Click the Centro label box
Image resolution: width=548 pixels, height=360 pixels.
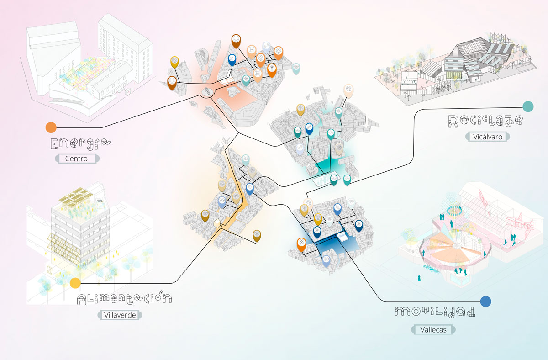click(x=77, y=159)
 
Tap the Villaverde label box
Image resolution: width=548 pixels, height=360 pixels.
click(x=120, y=315)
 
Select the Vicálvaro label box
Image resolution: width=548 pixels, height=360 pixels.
click(x=488, y=137)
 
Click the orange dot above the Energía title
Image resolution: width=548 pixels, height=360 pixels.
click(x=51, y=127)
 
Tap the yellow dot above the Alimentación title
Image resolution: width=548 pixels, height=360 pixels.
click(x=75, y=283)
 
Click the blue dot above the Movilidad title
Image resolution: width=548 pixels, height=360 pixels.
click(x=485, y=301)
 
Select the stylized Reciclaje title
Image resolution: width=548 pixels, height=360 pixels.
click(x=485, y=121)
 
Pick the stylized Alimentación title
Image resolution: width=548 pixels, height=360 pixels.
click(x=124, y=299)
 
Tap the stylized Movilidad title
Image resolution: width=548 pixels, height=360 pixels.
click(x=434, y=312)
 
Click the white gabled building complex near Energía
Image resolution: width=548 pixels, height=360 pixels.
click(x=87, y=64)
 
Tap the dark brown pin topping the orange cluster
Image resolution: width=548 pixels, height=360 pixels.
click(x=236, y=40)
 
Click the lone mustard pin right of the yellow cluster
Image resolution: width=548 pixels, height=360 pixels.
click(x=257, y=235)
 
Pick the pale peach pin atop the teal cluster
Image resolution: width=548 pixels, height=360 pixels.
click(x=348, y=90)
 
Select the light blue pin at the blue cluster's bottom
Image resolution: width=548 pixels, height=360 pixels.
click(x=326, y=260)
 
